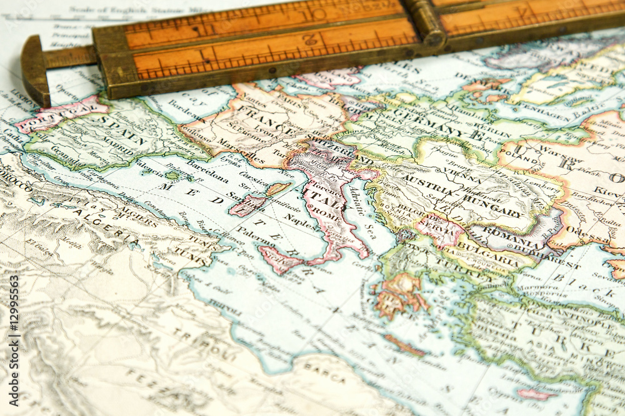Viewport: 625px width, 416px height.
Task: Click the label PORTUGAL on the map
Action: [53, 117]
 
